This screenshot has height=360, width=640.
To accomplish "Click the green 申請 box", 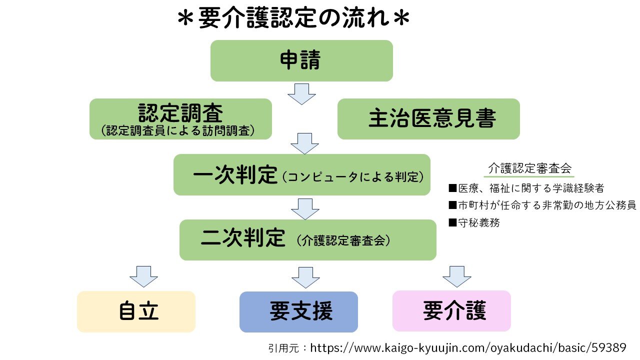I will (301, 60).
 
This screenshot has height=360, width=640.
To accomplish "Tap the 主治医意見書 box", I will (428, 119).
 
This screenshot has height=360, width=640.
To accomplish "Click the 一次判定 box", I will (301, 174).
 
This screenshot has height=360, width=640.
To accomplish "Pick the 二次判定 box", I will (307, 239).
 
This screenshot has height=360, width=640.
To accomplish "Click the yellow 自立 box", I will (136, 311).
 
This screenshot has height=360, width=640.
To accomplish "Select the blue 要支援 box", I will (298, 312).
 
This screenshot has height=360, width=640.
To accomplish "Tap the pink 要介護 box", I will (451, 311).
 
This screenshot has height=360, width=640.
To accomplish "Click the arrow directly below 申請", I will (301, 93).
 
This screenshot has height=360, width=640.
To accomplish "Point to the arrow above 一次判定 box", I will (304, 143).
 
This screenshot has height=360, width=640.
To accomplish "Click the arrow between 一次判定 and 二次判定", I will (305, 208).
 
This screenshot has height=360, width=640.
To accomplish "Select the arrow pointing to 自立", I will (143, 276).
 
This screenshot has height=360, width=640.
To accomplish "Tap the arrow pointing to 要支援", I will (305, 277).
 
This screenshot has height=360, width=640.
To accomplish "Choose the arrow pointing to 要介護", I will (456, 276).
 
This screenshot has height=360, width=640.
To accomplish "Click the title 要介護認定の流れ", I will (293, 20).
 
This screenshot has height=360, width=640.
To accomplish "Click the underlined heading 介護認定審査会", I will (530, 168).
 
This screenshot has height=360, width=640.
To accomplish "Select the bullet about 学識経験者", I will (526, 188).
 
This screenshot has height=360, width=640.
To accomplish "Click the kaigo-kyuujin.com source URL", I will (468, 347).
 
